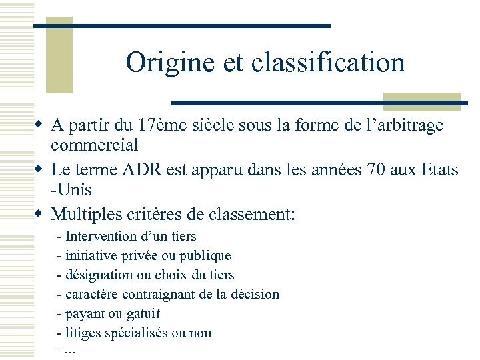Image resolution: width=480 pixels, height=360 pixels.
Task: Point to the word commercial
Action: coord(94,145)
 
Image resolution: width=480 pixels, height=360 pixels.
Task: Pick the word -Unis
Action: coord(71,190)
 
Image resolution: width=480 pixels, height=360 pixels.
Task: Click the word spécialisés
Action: coord(139,333)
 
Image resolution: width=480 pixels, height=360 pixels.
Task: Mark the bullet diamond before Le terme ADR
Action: coord(40,170)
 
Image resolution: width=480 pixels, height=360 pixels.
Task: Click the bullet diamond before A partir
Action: coord(40,125)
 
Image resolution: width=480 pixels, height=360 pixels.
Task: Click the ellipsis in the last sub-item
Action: coord(71,351)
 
